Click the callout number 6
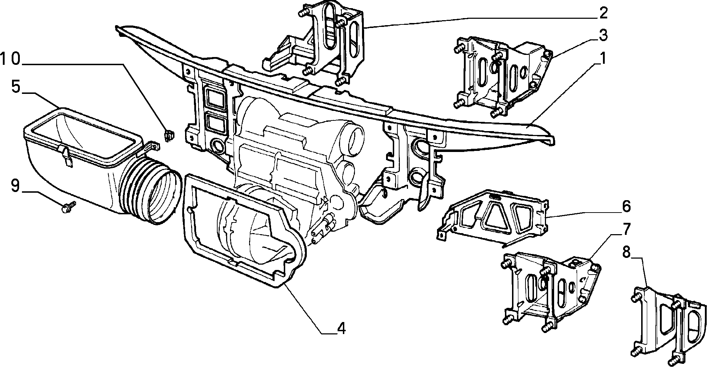(x=626, y=206)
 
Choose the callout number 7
(x=626, y=230)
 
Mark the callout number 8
(x=626, y=253)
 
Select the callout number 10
(x=11, y=60)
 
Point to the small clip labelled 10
(x=169, y=136)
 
